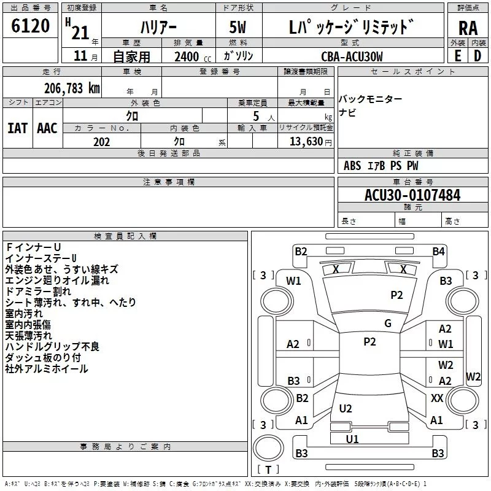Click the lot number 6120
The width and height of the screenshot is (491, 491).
[x=31, y=27]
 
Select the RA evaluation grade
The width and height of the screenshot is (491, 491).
[x=468, y=28]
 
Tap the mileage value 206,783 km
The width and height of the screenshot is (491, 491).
[x=72, y=88]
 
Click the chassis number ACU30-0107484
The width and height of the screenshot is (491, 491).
[x=412, y=195]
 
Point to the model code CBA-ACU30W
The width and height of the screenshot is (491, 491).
[x=352, y=56]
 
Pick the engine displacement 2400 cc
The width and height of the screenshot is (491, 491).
[x=190, y=56]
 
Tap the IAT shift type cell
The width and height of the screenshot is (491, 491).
[x=17, y=128]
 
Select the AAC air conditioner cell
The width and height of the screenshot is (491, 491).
[x=47, y=128]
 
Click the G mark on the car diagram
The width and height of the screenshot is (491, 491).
[x=387, y=323]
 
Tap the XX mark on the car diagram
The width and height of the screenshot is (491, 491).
[x=437, y=398]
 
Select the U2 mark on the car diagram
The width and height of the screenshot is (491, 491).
[x=346, y=409]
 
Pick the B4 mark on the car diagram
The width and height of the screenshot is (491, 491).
[x=438, y=251]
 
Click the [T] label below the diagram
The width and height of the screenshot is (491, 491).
[x=268, y=470]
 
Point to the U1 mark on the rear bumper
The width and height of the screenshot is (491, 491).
[x=352, y=439]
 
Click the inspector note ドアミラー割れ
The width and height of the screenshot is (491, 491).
[x=38, y=292]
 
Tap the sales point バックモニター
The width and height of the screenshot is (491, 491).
[x=371, y=99]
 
